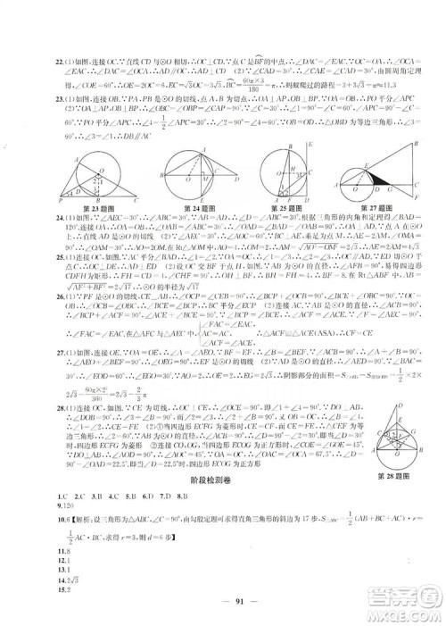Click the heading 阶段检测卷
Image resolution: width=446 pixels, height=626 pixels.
tap(222, 479)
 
